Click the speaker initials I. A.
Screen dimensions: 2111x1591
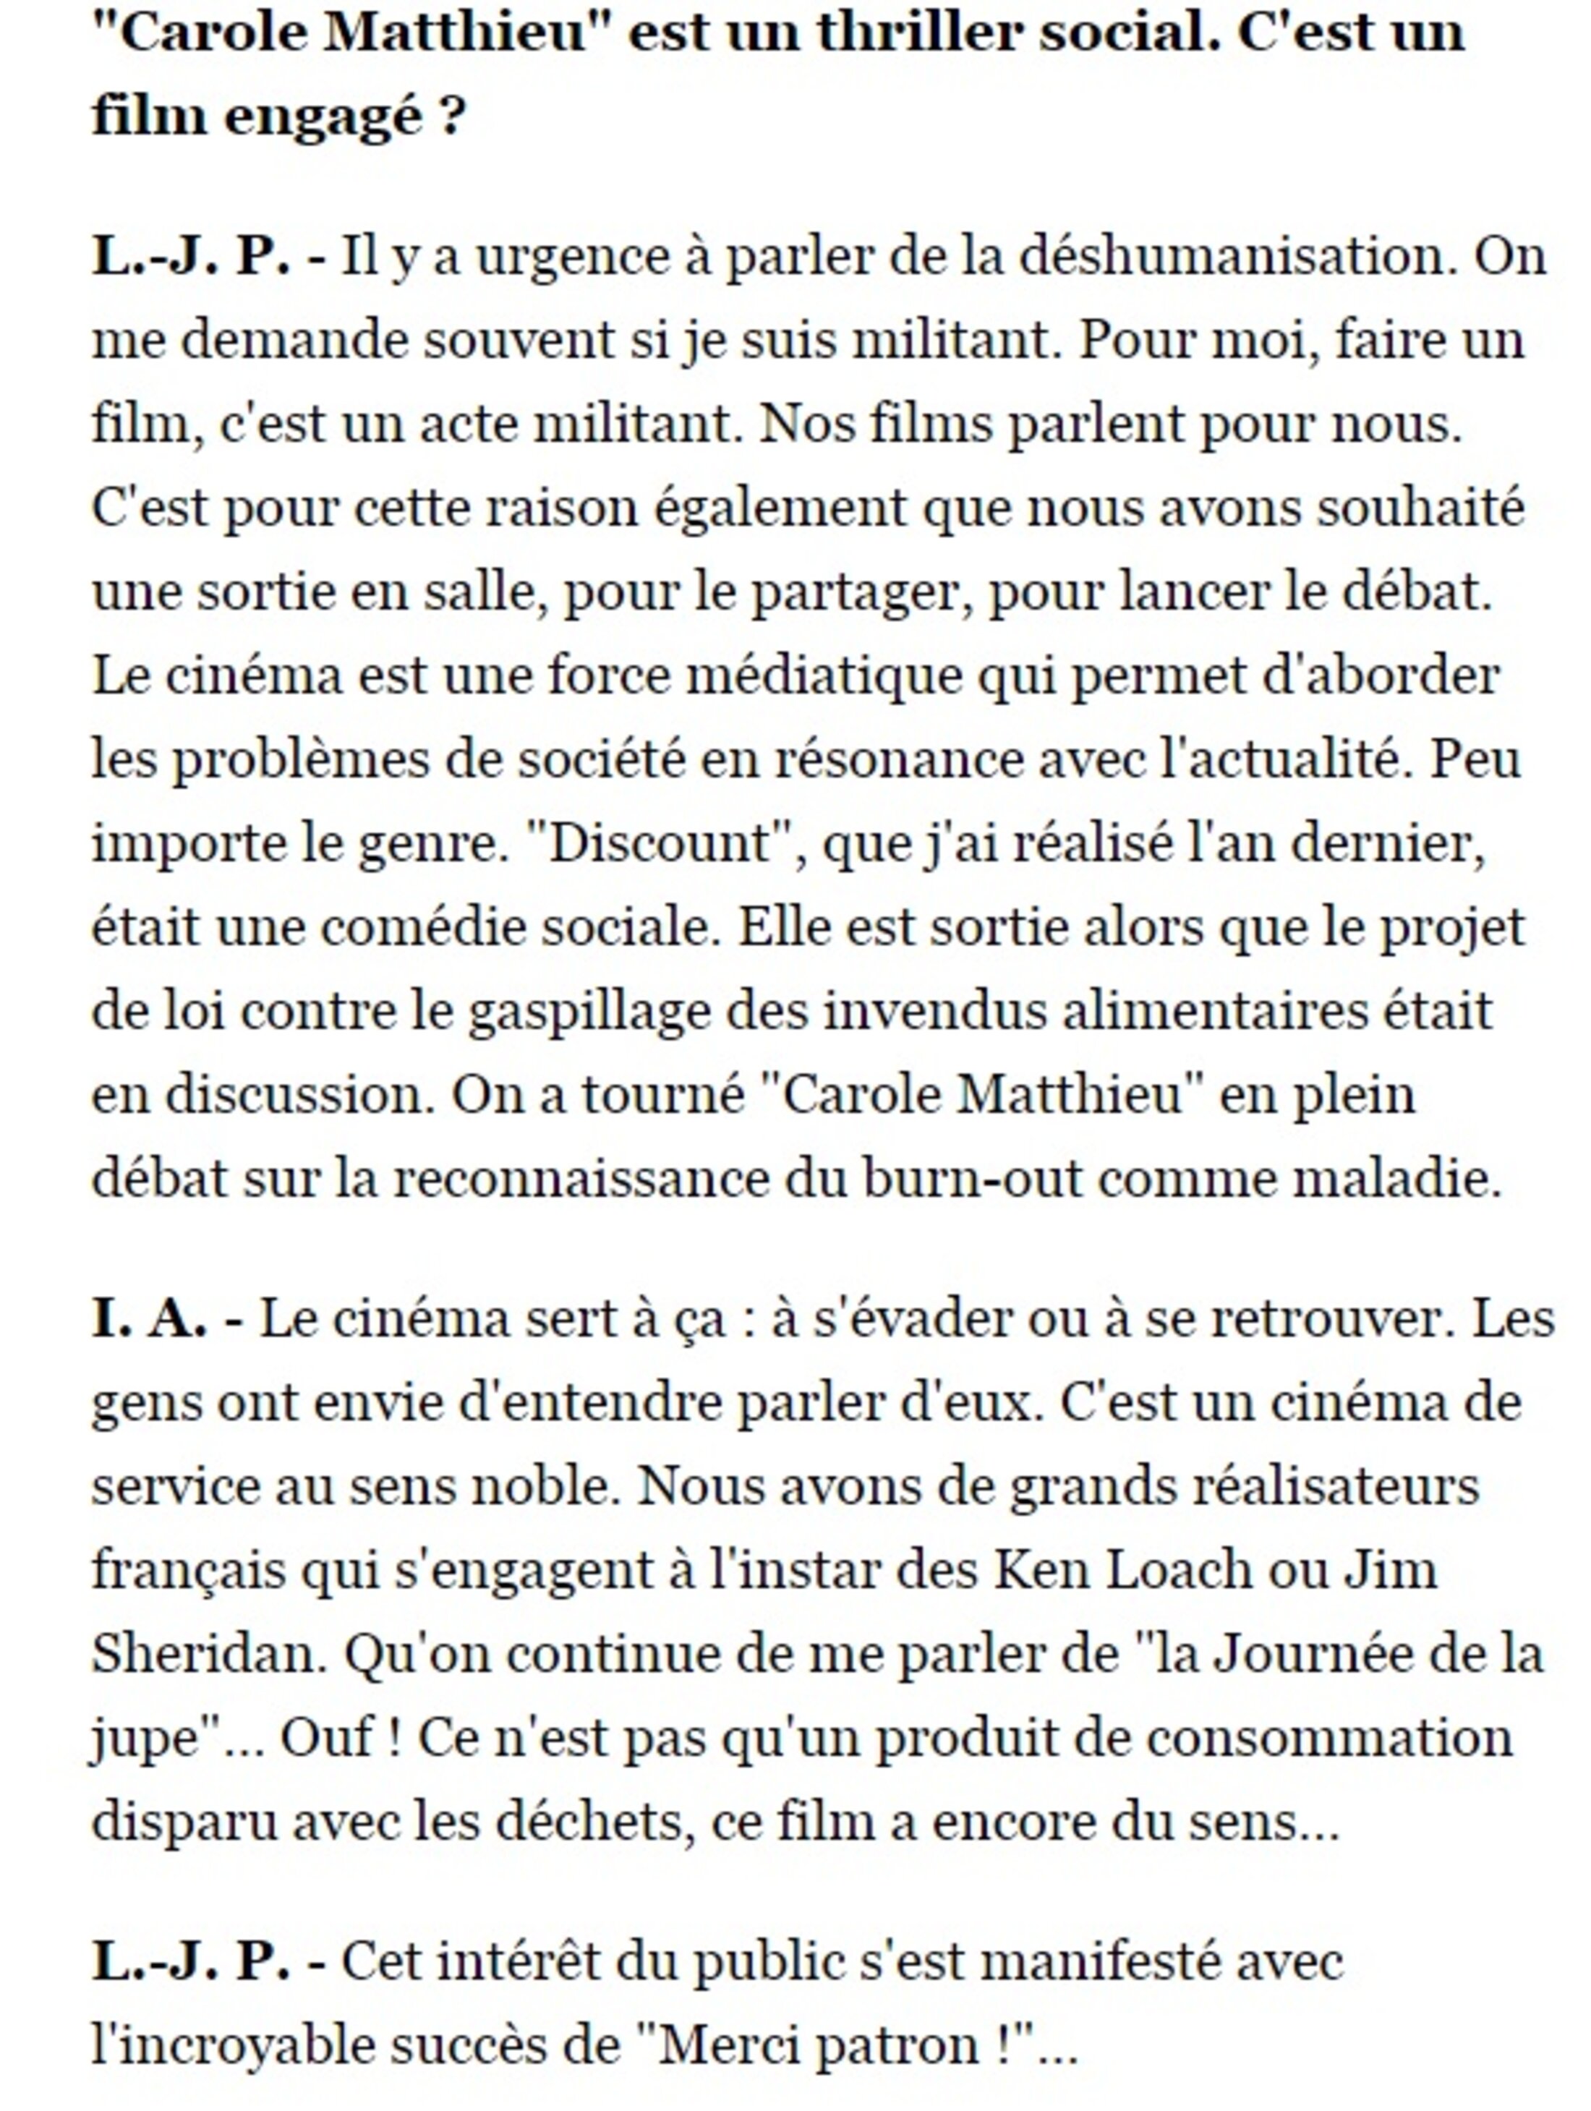[149, 1319]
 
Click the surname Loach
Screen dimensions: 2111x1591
[1180, 1571]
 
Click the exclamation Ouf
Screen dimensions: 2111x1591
[325, 1738]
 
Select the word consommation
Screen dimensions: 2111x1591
[1329, 1738]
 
